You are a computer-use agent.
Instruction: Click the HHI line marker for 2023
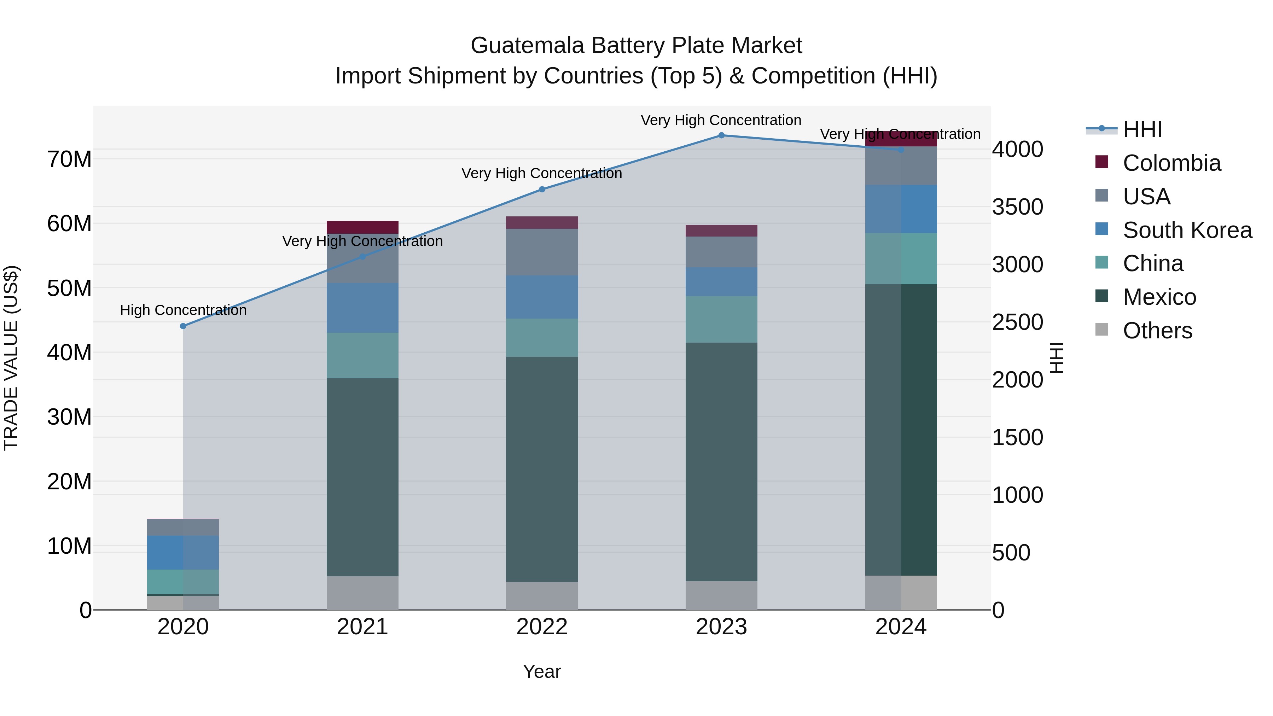coord(721,135)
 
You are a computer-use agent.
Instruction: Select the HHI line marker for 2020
coord(183,326)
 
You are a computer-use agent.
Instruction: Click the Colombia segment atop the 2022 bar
coord(542,222)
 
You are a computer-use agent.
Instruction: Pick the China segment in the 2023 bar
coord(721,319)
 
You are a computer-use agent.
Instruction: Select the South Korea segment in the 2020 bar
coord(183,552)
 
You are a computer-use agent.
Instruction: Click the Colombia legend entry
coord(1171,163)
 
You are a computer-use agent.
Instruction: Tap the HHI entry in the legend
coord(1141,129)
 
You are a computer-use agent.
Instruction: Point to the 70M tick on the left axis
coord(69,159)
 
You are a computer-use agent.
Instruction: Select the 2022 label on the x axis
coord(542,627)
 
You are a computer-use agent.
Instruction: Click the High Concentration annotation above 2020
coord(183,310)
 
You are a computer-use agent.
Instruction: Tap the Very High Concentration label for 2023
coord(721,121)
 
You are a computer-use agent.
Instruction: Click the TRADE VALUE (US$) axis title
coord(11,358)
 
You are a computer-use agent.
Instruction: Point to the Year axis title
coord(542,671)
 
